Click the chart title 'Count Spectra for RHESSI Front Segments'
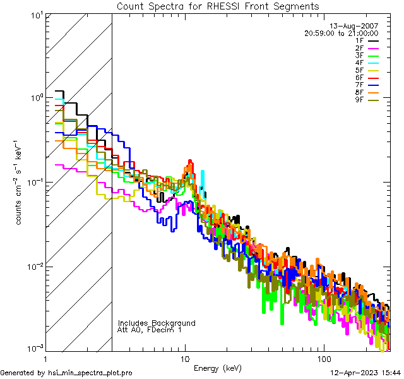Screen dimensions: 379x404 tap(218, 6)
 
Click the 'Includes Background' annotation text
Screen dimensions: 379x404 tap(157, 323)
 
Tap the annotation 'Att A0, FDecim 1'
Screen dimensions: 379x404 tap(150, 330)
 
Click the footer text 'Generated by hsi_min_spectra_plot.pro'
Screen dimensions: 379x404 tap(66, 373)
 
